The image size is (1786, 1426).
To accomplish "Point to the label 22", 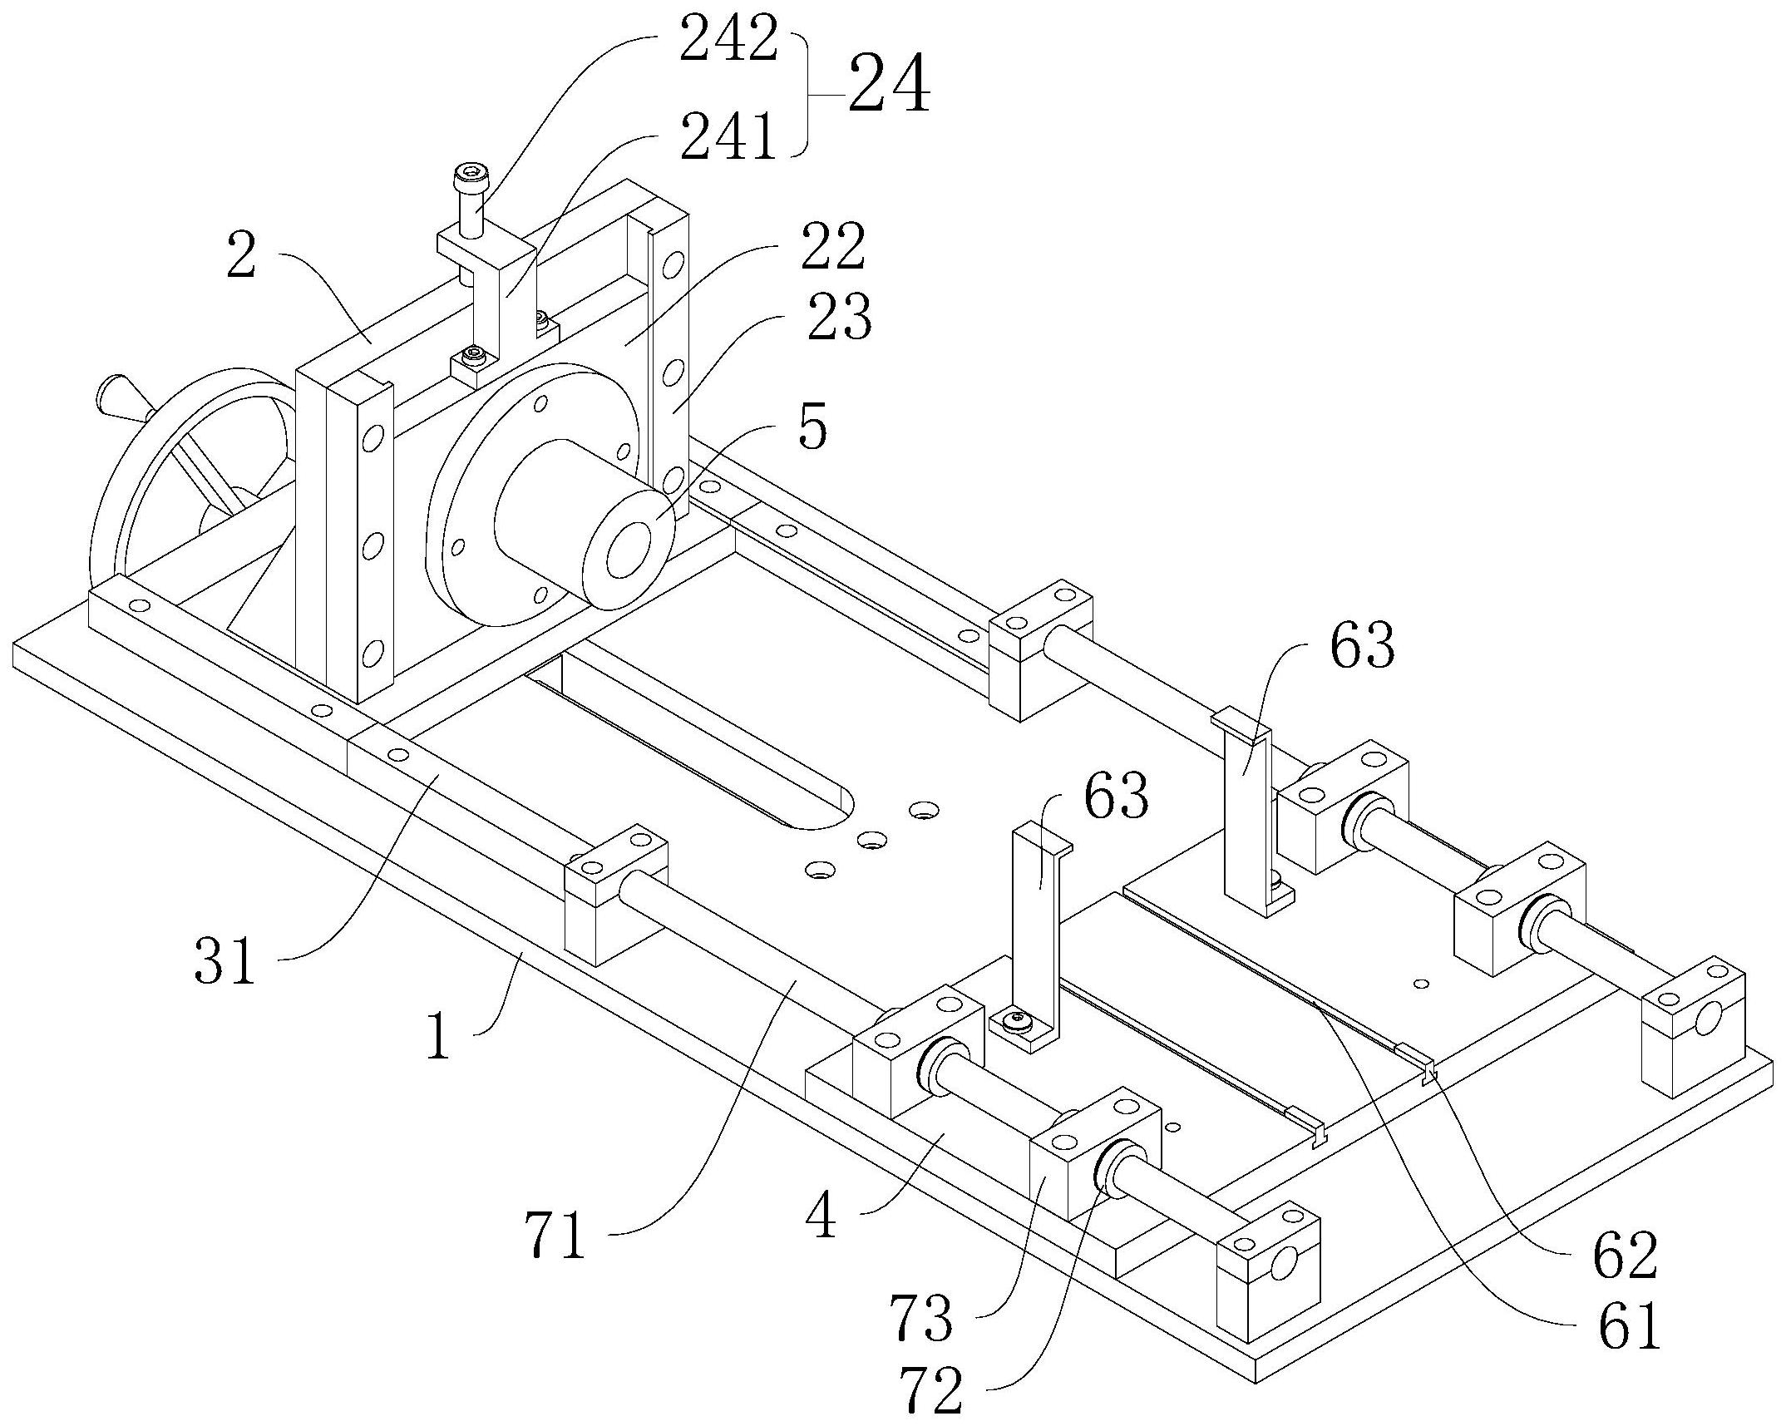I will tap(832, 247).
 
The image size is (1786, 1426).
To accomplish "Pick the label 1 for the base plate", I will tap(438, 1037).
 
